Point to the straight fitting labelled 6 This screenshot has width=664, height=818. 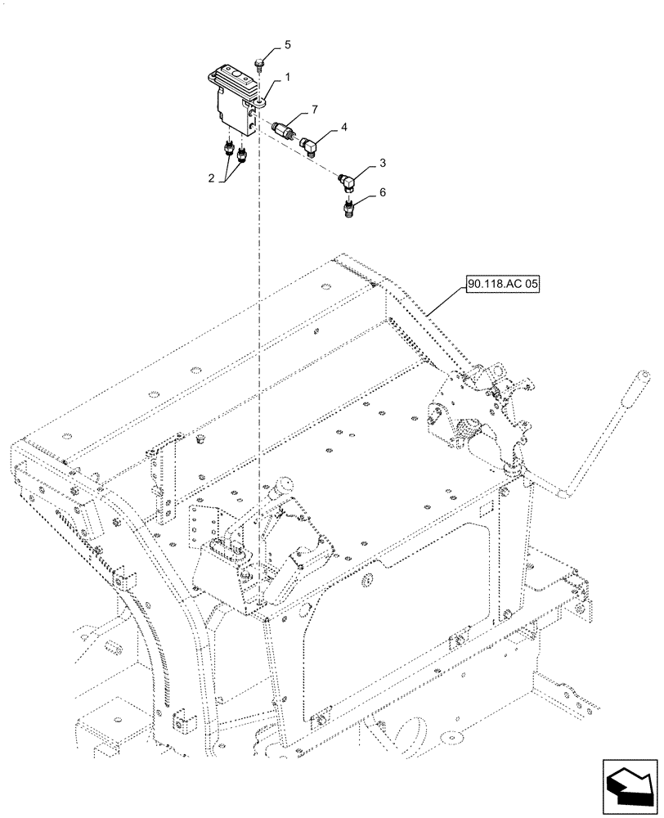(x=349, y=209)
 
